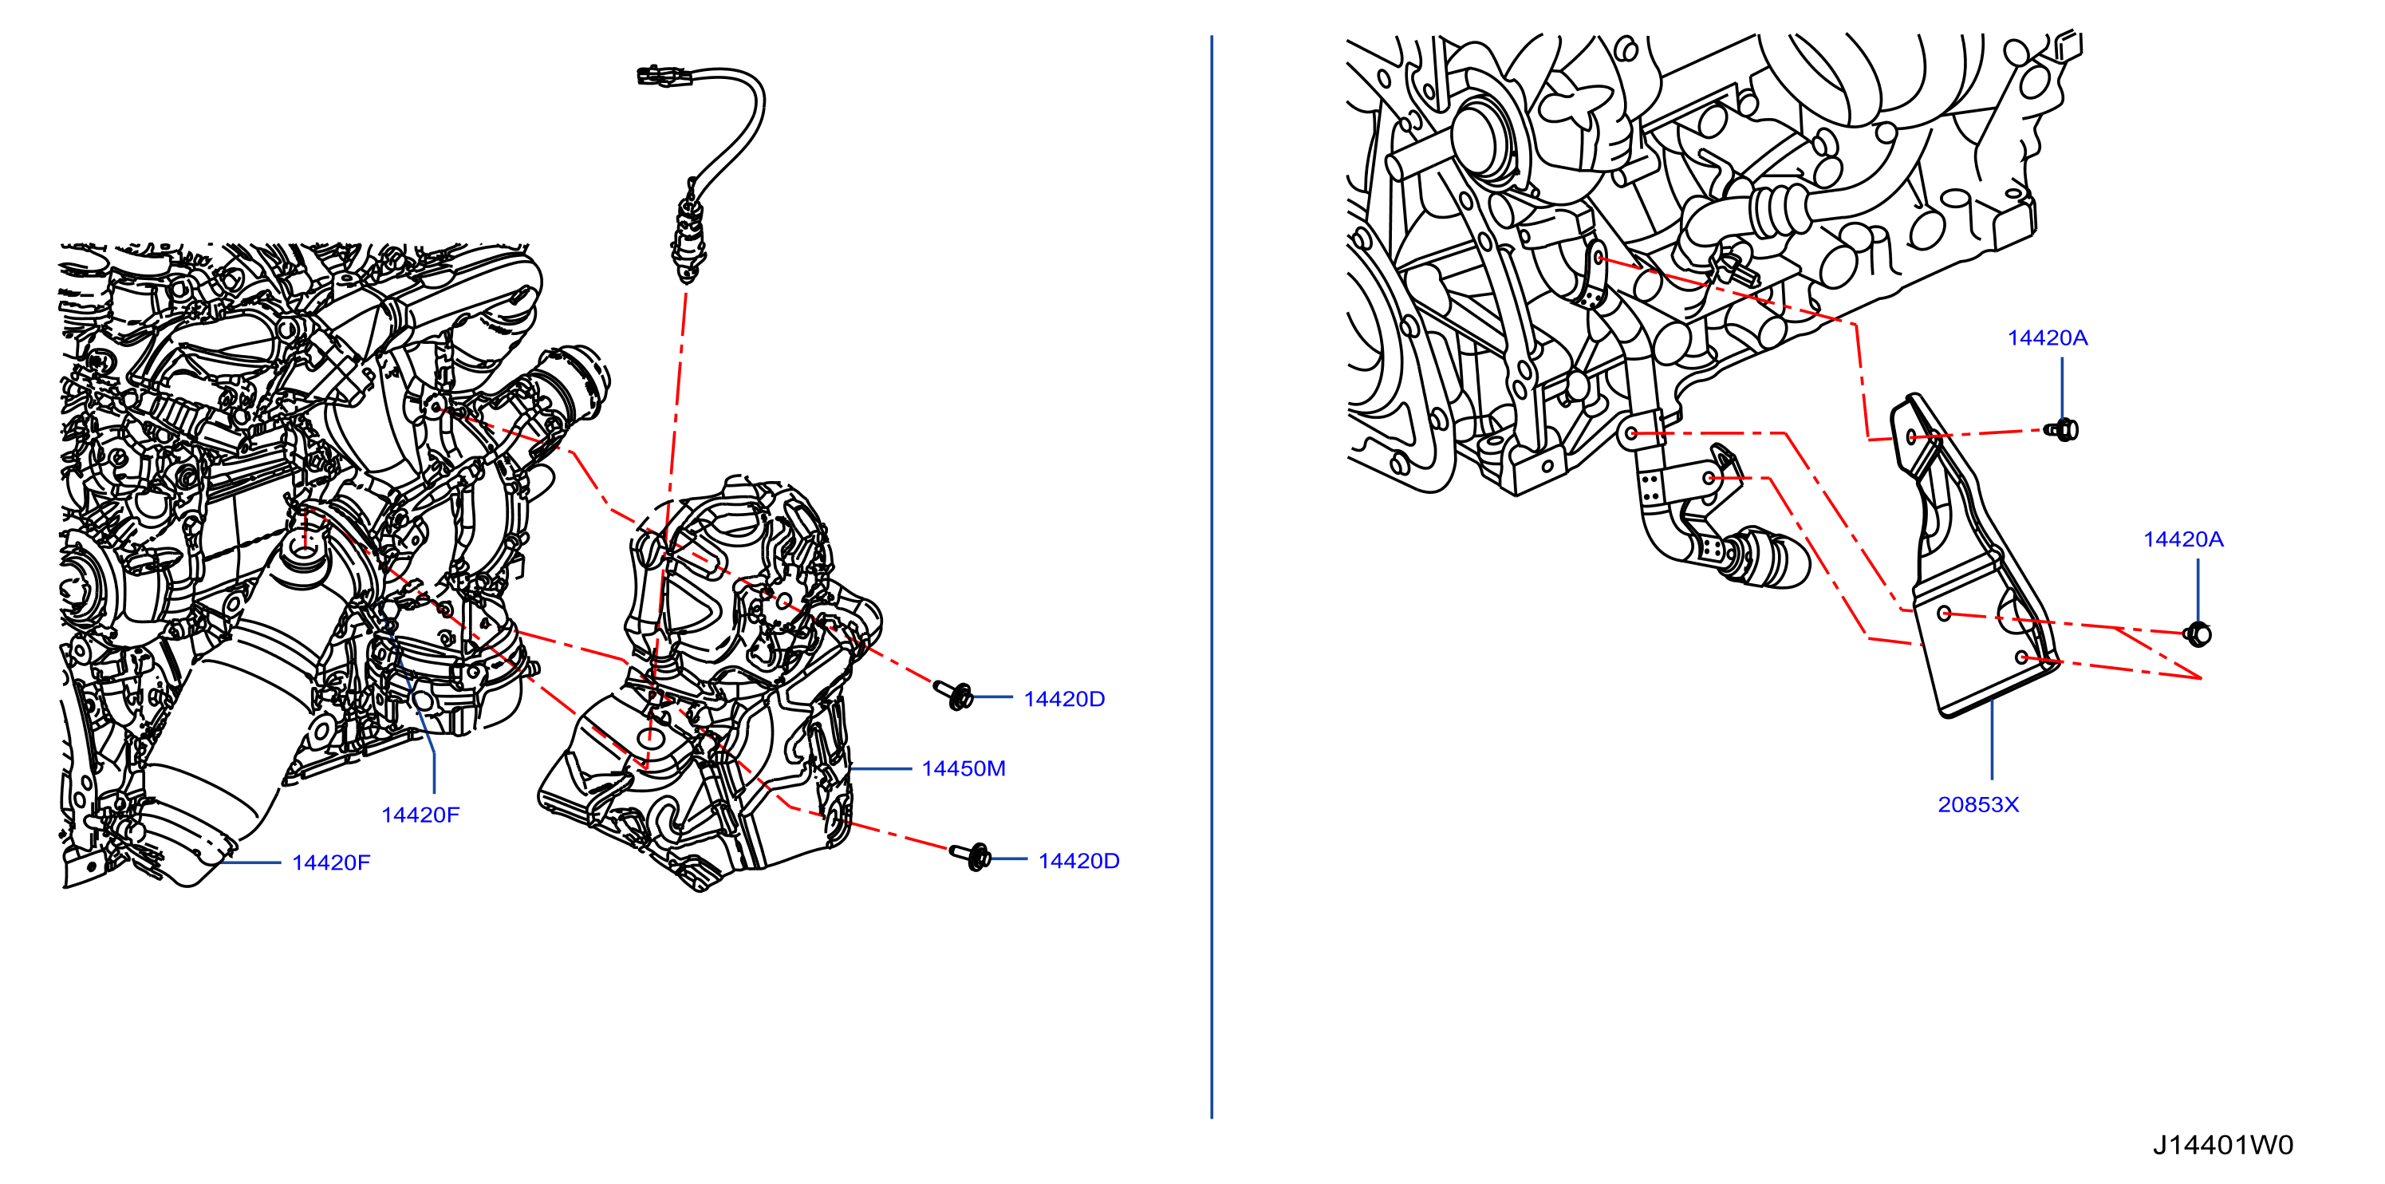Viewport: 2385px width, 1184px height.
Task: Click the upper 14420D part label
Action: coord(1064,699)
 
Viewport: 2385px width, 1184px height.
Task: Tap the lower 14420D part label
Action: coord(1078,861)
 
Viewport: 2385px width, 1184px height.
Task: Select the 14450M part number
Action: coord(963,768)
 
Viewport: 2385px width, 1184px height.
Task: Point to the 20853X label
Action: coord(1977,804)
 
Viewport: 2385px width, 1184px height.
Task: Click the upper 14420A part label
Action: coord(2047,338)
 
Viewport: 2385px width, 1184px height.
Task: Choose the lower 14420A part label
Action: coord(2183,539)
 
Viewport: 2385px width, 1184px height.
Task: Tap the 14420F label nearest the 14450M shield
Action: coord(420,815)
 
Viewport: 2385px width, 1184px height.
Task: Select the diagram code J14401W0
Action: coord(2222,1145)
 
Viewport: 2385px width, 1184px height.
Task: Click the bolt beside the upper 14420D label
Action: coord(954,693)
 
